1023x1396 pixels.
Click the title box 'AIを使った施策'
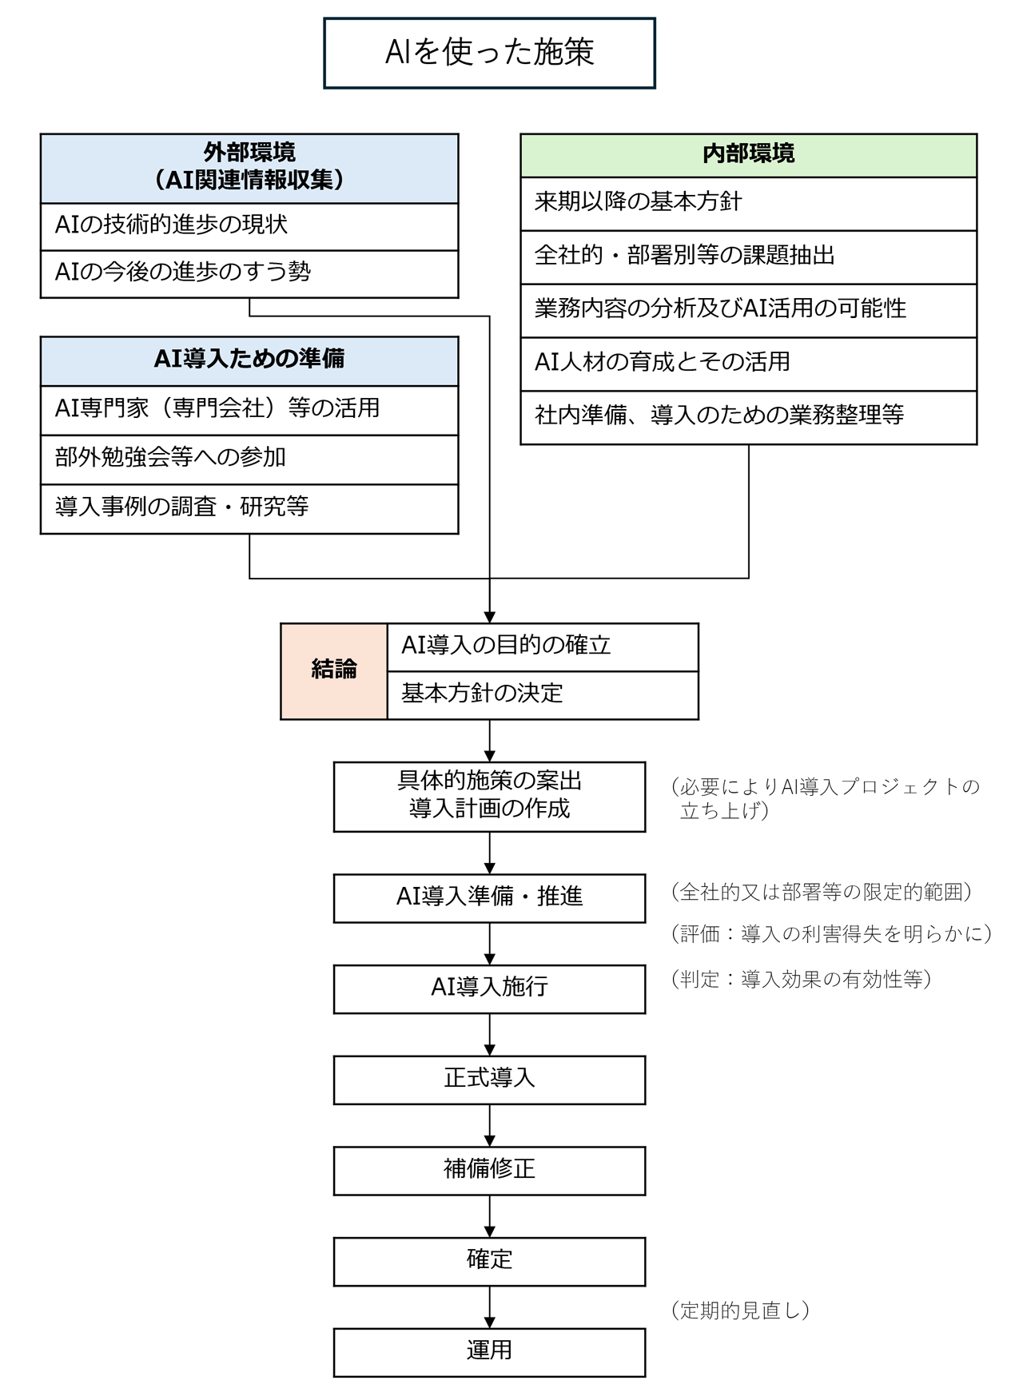click(489, 53)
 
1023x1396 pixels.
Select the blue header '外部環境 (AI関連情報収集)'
click(249, 168)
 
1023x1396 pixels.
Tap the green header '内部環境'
click(748, 155)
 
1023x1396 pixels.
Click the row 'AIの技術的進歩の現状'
click(249, 227)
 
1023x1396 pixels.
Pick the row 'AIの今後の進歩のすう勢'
click(249, 274)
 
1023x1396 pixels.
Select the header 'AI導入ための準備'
click(249, 360)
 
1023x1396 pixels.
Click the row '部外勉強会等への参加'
click(249, 459)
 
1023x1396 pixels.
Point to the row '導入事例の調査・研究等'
click(249, 509)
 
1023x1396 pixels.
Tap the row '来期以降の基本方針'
click(748, 204)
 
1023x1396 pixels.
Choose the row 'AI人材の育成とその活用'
click(748, 364)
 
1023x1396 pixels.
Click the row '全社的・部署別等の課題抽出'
click(748, 257)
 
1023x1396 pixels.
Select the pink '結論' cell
click(334, 671)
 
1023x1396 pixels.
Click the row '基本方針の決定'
click(543, 695)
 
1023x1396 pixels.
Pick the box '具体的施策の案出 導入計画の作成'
click(489, 797)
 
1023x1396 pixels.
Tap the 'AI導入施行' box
click(489, 989)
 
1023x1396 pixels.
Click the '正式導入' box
click(489, 1080)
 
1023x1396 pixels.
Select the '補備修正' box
click(489, 1171)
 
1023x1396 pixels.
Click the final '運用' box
click(489, 1352)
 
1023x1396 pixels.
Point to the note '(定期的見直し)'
click(741, 1310)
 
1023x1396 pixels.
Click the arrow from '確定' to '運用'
click(489, 1307)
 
